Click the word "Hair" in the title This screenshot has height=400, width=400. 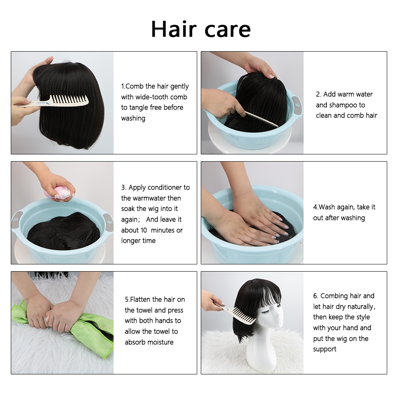[x=173, y=29]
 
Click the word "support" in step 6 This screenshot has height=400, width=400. [x=325, y=349]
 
